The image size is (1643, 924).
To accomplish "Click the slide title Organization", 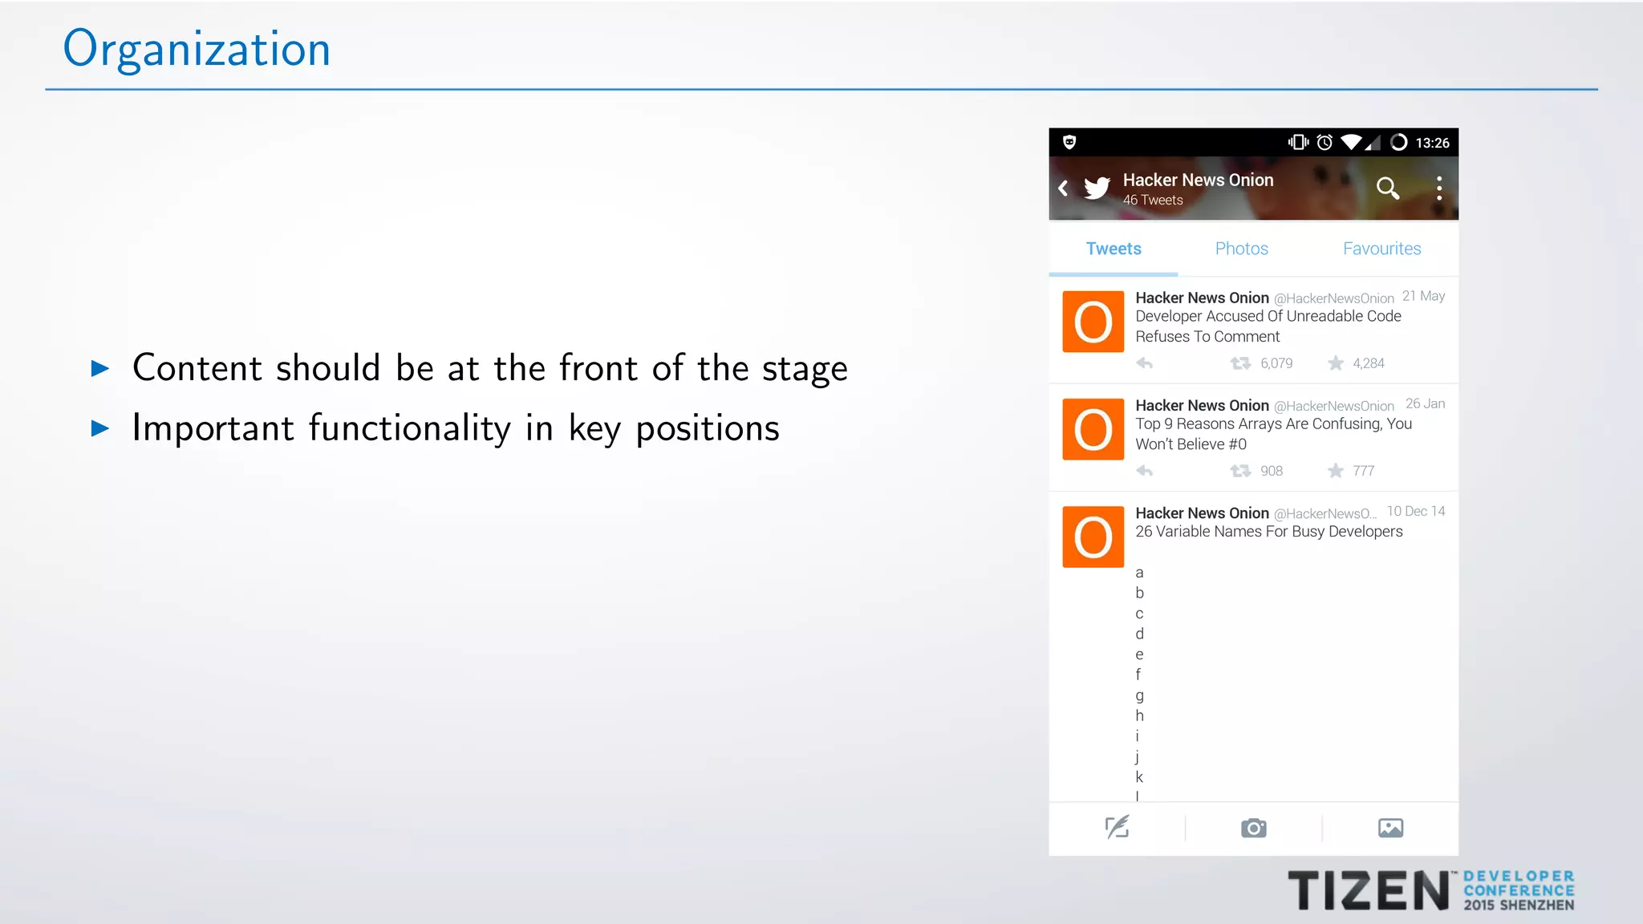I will [x=197, y=50].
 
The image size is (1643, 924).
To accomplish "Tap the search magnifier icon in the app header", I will [x=1388, y=188].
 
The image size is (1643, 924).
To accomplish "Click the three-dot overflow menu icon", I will [x=1439, y=188].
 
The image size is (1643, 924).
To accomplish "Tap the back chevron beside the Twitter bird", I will [x=1063, y=188].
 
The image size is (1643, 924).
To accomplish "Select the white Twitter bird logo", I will [x=1097, y=188].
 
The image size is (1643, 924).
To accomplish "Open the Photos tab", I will [x=1241, y=249].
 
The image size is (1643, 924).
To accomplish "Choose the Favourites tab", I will [x=1381, y=249].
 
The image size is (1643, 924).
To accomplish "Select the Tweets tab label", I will [x=1114, y=249].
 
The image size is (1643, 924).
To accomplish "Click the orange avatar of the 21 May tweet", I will [x=1093, y=322].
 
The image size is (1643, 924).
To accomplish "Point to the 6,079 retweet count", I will [x=1276, y=363].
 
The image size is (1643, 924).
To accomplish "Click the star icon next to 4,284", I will [x=1336, y=363].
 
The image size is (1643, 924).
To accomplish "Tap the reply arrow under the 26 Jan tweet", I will [x=1145, y=471].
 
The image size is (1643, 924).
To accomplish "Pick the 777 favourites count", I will [x=1363, y=471].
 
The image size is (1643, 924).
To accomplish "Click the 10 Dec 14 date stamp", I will [x=1416, y=512].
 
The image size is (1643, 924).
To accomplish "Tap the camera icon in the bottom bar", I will [x=1253, y=828].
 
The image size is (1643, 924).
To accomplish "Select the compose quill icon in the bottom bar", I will [x=1117, y=827].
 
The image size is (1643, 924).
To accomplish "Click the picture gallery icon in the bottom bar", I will [x=1390, y=828].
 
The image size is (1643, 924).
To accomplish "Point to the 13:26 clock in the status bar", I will [x=1432, y=143].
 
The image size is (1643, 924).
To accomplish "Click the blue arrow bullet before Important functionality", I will [x=100, y=428].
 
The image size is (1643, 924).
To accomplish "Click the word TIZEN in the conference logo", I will [x=1368, y=890].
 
